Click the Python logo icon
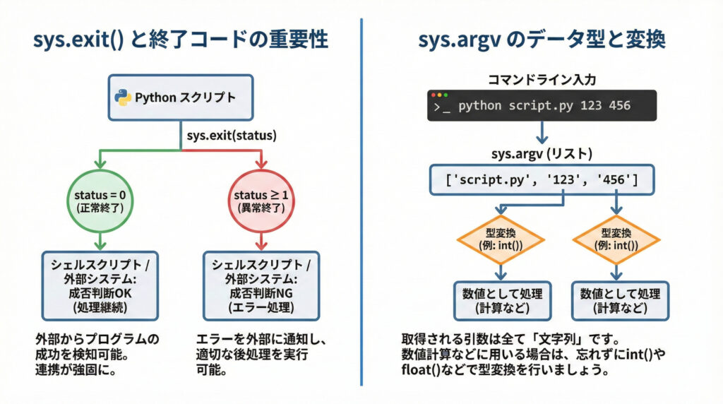[x=124, y=98]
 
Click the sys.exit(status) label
[x=232, y=134]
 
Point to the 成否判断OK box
[x=98, y=286]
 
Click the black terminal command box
[x=542, y=105]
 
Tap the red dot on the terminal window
[x=436, y=95]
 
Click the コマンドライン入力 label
[x=542, y=80]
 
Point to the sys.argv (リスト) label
[x=542, y=154]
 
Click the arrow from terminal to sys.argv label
[x=542, y=132]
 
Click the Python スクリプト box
[x=180, y=98]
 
